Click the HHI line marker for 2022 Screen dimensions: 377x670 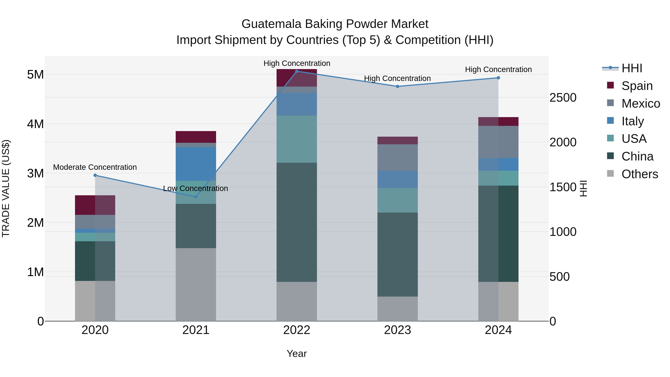[297, 71]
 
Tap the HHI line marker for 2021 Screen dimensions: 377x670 [196, 197]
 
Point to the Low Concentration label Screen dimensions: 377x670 [196, 188]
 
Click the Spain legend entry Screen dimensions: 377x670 [637, 86]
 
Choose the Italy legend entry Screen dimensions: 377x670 [633, 121]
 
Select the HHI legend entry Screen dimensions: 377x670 [632, 68]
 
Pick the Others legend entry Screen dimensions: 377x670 [639, 174]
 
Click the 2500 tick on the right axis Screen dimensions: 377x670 [563, 98]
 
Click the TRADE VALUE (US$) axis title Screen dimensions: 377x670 [6, 188]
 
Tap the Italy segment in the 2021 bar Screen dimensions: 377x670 [196, 164]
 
